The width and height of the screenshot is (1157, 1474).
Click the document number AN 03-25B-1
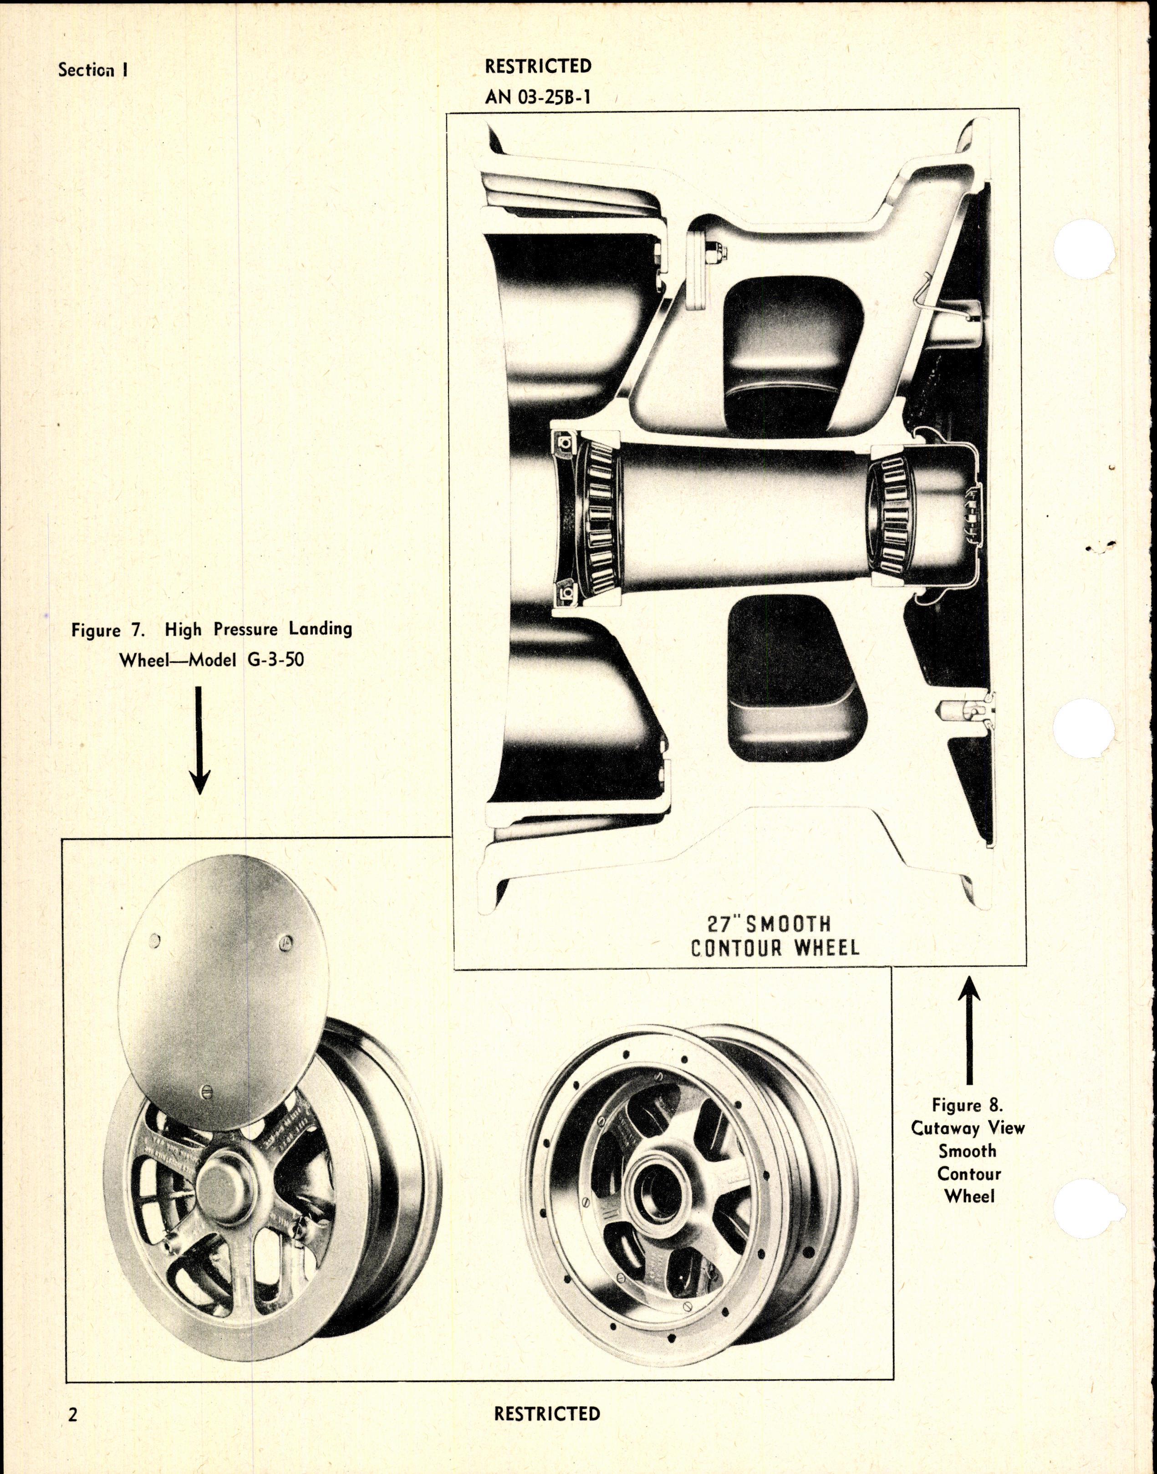(538, 97)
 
